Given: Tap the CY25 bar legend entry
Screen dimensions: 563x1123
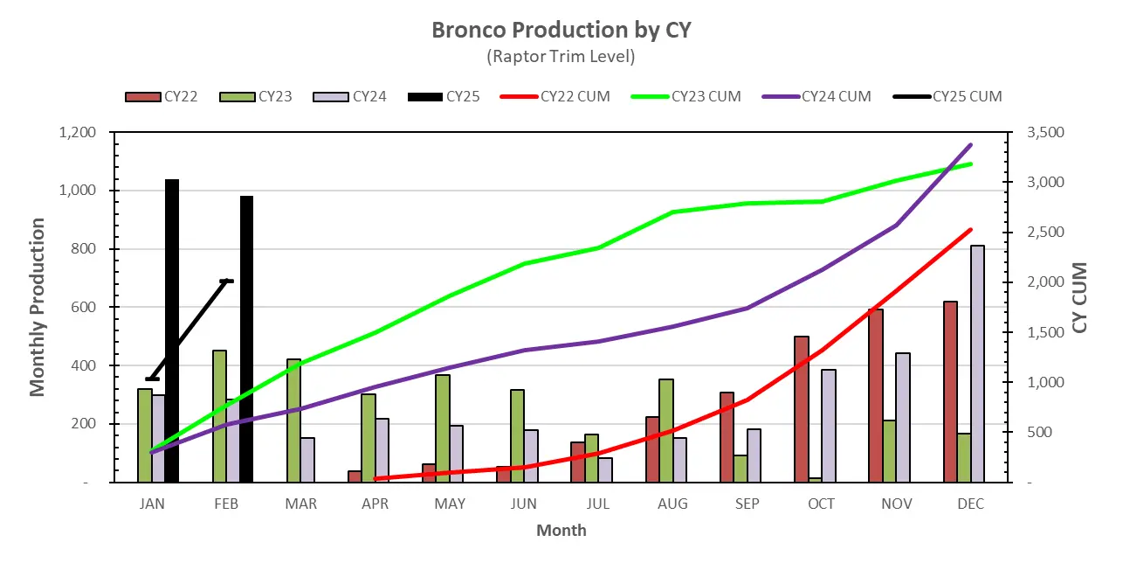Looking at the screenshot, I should tap(444, 96).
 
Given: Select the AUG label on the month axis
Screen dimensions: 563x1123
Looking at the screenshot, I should tap(672, 504).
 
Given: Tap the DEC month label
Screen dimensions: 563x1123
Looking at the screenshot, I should tap(970, 504).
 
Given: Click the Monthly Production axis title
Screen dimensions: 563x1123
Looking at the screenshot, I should tap(38, 307).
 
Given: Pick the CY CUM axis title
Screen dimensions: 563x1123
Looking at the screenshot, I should tap(1081, 297).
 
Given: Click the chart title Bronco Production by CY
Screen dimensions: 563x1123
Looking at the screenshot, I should tap(561, 30).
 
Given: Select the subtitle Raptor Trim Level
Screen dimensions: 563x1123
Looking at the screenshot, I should tap(561, 57).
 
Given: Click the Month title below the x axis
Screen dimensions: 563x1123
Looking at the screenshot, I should tap(561, 531).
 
